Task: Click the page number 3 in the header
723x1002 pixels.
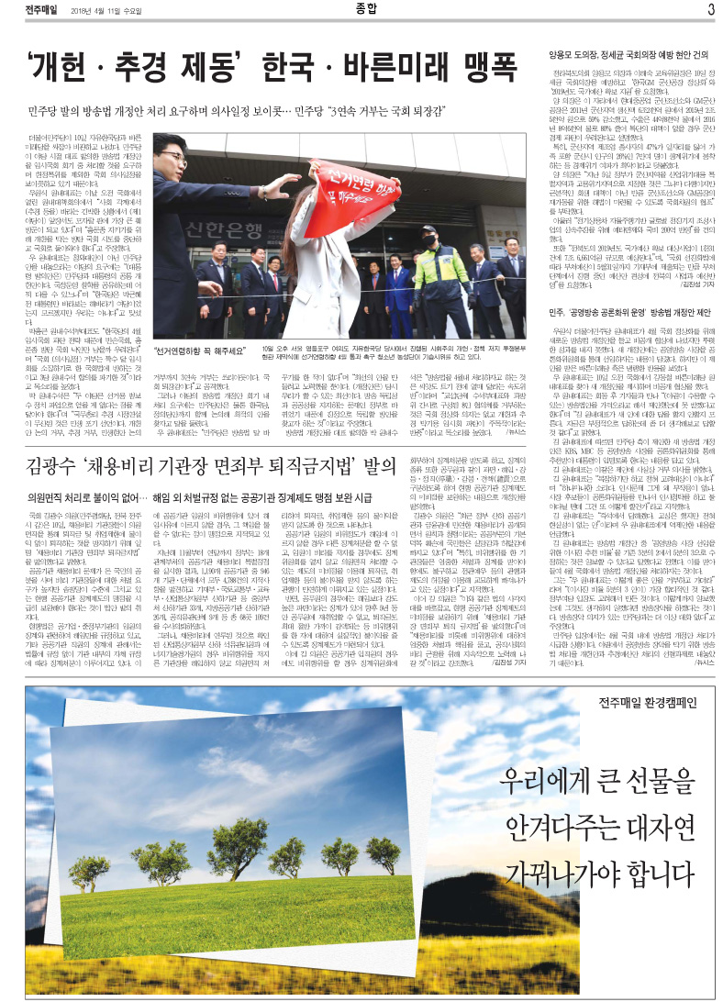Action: click(x=711, y=9)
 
